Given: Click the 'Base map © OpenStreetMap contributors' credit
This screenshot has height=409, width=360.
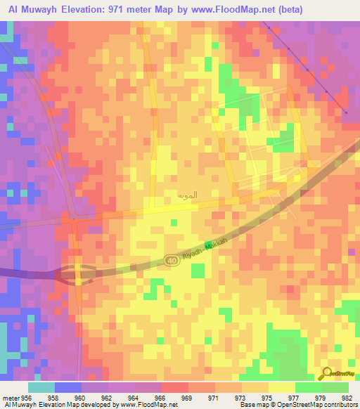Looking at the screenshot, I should click(x=298, y=405).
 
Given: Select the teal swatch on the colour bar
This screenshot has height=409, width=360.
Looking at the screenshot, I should click(x=41, y=387).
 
